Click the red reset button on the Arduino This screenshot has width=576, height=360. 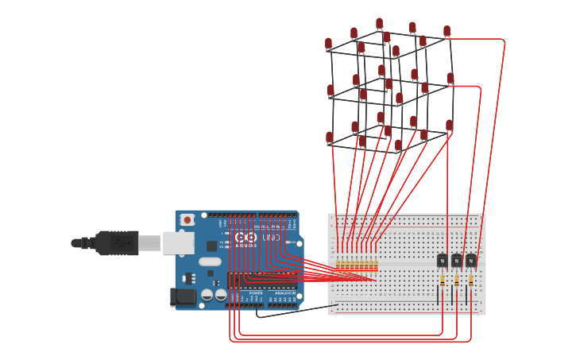tap(187, 220)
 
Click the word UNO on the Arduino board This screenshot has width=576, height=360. tap(271, 238)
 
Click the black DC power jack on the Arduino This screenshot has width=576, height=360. tap(183, 297)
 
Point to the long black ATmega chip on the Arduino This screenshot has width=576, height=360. tap(262, 279)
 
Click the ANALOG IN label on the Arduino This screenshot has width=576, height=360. tap(284, 293)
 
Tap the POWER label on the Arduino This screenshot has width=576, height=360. tap(256, 293)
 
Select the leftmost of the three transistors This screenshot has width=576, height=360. tap(443, 261)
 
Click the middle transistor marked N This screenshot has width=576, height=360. tap(457, 261)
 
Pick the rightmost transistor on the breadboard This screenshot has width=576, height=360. tap(471, 261)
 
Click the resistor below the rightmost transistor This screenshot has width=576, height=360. tap(471, 281)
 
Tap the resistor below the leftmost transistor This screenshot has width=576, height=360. tap(443, 281)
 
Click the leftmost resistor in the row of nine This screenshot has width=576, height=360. tap(338, 265)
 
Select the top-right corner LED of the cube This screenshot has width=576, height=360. tap(446, 32)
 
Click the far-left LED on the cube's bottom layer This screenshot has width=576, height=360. tap(330, 138)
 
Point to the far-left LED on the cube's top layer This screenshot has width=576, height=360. tap(328, 45)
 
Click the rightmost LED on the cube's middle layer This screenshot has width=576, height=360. tap(450, 79)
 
